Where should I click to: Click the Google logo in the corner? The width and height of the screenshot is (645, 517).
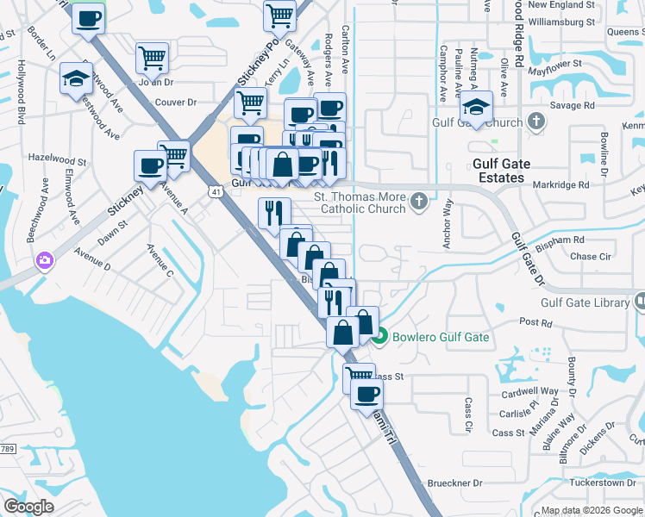[29, 507]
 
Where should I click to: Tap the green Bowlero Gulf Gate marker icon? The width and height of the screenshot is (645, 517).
[381, 337]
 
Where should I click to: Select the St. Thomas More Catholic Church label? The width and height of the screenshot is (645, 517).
[360, 202]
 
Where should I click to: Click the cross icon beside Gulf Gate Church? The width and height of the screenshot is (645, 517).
[536, 122]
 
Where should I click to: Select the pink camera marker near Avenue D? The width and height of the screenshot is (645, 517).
[43, 259]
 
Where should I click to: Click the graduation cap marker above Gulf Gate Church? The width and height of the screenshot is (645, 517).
[475, 107]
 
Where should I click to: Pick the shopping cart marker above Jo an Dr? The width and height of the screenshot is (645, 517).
[152, 59]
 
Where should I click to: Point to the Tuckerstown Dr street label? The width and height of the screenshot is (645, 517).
[603, 483]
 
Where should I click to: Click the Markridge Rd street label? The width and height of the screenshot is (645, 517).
[560, 184]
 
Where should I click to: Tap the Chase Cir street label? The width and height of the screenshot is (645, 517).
[590, 257]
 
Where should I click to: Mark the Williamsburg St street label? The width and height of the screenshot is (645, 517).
[560, 21]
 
